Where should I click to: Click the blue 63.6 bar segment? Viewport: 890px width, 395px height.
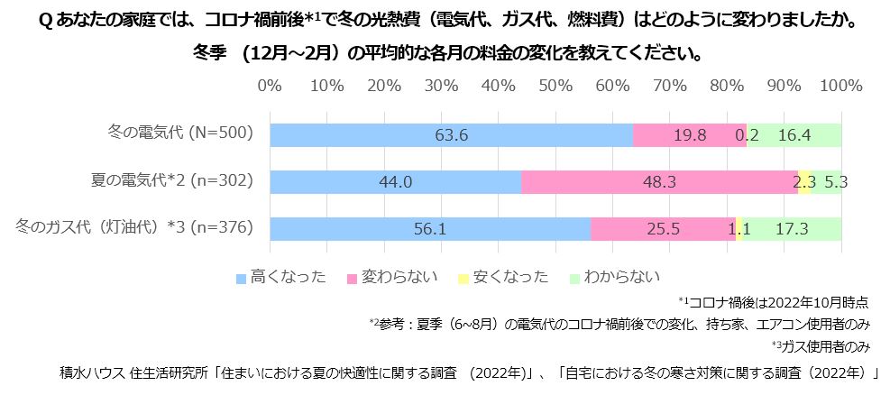[x=451, y=135]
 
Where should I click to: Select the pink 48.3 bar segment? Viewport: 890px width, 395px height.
[x=659, y=182]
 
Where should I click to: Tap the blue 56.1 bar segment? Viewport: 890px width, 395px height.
[x=430, y=229]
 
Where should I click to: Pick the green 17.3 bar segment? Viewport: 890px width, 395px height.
[x=791, y=229]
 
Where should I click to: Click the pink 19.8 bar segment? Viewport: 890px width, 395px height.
[x=690, y=135]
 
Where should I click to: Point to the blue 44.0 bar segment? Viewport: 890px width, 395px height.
[x=395, y=182]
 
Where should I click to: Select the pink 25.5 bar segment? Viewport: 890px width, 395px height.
[x=663, y=229]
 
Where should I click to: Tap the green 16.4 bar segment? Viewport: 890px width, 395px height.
[x=794, y=135]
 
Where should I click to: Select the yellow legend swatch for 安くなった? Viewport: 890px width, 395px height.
[x=463, y=277]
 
